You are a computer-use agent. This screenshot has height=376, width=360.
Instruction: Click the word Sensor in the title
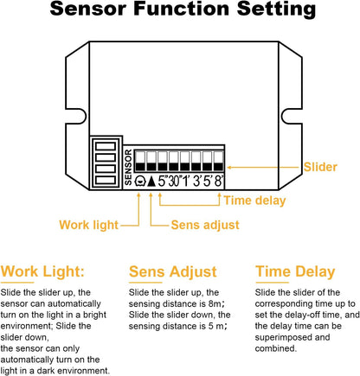point(88,9)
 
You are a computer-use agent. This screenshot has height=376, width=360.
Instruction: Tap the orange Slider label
point(320,167)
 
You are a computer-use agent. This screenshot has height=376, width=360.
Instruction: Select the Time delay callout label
point(254,201)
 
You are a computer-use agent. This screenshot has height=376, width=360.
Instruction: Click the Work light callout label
point(88,225)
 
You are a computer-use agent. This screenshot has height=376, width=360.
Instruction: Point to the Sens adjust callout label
point(205,225)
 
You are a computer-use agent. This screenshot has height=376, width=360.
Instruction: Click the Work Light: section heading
point(42,271)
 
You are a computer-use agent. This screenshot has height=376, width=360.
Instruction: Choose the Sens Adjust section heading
point(173,271)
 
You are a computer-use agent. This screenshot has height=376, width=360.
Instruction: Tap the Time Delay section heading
point(295,271)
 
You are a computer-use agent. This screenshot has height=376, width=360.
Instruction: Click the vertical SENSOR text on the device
point(128,167)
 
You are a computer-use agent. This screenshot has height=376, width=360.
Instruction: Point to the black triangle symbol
point(151,182)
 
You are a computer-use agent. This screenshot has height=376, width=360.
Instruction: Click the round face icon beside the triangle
point(140,182)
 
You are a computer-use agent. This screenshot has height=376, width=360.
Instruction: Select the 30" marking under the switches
point(174,182)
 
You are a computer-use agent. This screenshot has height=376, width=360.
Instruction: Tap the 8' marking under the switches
point(219,182)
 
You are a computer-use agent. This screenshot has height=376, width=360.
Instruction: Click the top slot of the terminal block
point(106,146)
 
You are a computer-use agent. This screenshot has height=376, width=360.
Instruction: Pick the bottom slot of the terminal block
point(106,181)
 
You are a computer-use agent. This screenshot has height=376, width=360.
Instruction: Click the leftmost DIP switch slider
point(140,161)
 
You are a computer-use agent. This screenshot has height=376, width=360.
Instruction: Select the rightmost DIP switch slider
point(219,161)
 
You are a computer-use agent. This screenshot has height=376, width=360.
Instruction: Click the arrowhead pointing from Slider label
point(229,167)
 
